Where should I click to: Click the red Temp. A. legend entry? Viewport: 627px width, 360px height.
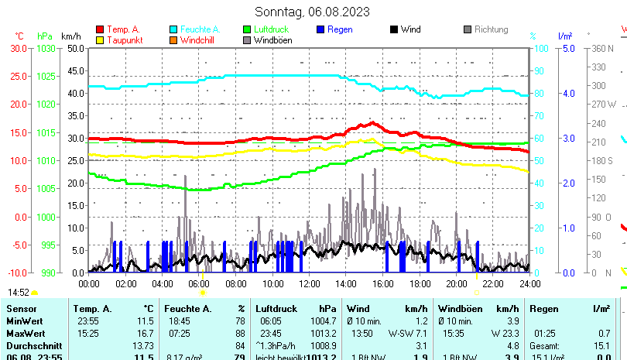[x=123, y=29]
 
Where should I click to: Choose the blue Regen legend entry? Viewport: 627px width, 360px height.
[x=341, y=29]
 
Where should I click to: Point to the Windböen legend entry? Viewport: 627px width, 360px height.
[x=273, y=40]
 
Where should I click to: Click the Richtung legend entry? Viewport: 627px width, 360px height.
[x=491, y=29]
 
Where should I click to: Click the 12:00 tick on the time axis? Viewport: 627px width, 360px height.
[x=309, y=284]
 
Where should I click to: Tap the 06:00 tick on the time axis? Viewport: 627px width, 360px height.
[x=199, y=284]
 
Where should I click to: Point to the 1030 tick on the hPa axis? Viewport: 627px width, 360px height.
[x=46, y=48]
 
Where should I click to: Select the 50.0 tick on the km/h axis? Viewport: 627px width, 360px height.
[x=75, y=48]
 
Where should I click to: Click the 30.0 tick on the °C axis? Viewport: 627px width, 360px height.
[x=19, y=48]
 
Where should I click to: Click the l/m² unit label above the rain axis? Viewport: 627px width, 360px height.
[x=565, y=36]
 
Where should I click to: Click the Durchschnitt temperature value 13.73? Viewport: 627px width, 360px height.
[x=144, y=345]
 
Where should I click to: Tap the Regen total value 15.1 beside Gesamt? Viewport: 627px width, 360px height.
[x=601, y=345]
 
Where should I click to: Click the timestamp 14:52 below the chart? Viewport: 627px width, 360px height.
[x=19, y=293]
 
